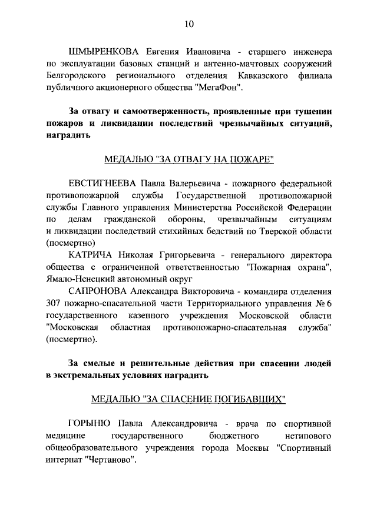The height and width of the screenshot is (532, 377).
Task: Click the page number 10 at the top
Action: (188, 24)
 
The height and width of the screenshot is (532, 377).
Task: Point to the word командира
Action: (255, 291)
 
